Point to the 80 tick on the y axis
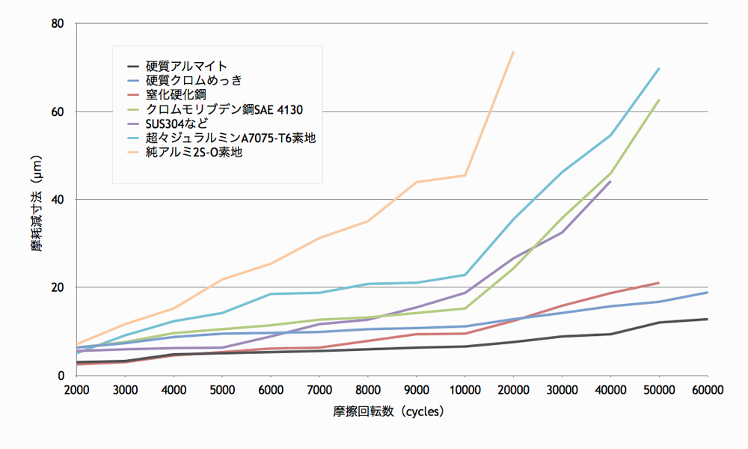tap(59, 24)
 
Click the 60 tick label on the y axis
tap(59, 112)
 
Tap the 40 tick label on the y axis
tap(59, 200)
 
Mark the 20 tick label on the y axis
tap(59, 287)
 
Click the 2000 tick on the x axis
tap(77, 390)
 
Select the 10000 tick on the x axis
tap(465, 390)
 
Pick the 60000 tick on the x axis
tap(707, 390)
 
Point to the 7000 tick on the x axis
tap(319, 390)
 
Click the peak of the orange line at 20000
tap(513, 52)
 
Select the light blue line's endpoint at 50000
tap(659, 68)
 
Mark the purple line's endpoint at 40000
tap(610, 181)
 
